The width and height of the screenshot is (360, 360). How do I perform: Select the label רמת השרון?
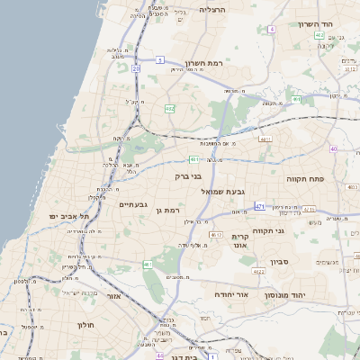[x=203, y=63]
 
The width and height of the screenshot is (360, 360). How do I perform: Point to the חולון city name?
[x=85, y=324]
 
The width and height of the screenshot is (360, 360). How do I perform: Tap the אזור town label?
[x=114, y=295]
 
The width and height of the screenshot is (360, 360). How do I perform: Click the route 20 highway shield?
[x=135, y=68]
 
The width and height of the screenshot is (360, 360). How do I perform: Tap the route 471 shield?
[x=260, y=207]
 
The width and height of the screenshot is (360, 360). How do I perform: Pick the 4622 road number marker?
[x=258, y=270]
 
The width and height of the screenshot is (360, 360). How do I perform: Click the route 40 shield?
[x=333, y=149]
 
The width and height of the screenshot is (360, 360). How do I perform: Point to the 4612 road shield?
[x=215, y=234]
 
